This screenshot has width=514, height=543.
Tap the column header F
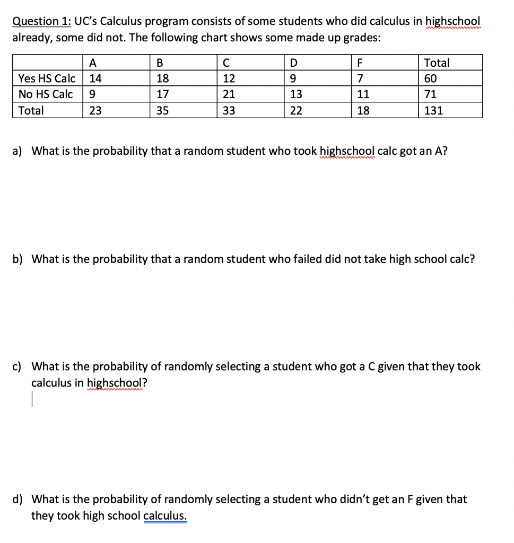(x=360, y=63)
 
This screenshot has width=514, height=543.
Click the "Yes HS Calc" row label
(x=47, y=78)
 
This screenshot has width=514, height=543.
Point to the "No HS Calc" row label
(x=45, y=94)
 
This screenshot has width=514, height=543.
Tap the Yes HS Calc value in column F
(x=360, y=78)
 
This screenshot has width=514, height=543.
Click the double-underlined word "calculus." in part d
(x=165, y=515)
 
